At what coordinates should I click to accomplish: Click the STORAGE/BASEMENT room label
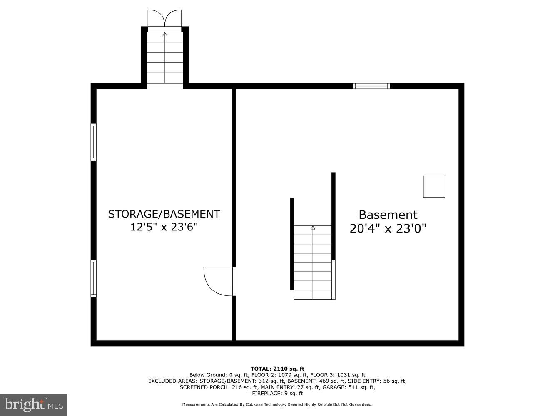[164, 214]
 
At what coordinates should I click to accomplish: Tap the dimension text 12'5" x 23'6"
[164, 227]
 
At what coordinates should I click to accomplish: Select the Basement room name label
[388, 215]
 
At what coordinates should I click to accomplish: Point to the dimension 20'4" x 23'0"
[388, 228]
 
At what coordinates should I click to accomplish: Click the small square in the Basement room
[434, 187]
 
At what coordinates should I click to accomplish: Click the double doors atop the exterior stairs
[164, 19]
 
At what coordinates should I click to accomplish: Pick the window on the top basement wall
[371, 86]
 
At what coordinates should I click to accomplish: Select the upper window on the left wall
[94, 142]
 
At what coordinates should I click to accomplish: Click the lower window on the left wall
[94, 278]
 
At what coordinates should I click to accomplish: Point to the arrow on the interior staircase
[313, 228]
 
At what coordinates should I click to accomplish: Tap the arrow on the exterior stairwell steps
[165, 35]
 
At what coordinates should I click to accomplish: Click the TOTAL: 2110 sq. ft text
[277, 369]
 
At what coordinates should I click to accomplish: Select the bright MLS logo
[34, 405]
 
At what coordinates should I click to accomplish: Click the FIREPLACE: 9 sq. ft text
[277, 394]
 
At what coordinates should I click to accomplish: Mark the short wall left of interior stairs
[292, 243]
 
